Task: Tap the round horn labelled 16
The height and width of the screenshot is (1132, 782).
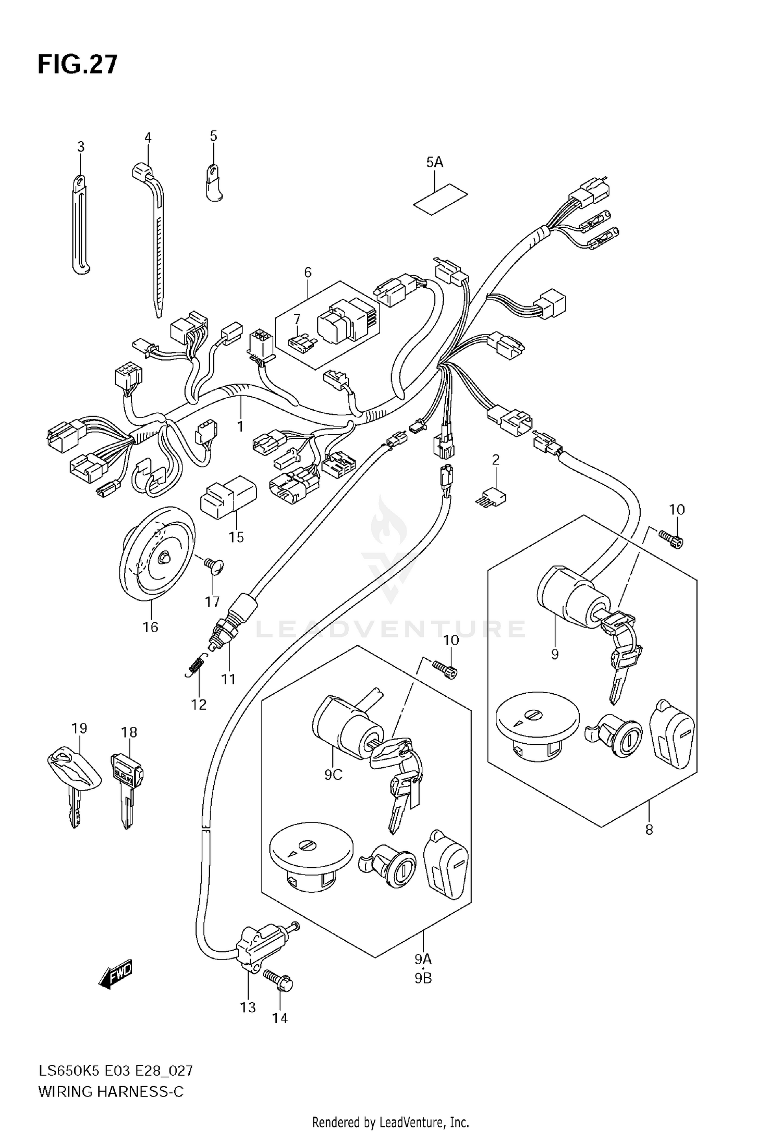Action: click(x=156, y=554)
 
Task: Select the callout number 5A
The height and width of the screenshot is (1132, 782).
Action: click(x=434, y=163)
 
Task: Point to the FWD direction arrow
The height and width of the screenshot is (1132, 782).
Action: click(x=116, y=975)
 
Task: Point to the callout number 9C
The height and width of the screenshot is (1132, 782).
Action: click(x=333, y=775)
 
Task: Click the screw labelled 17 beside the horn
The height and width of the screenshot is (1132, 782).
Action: click(x=214, y=565)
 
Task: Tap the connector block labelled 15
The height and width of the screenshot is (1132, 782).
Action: click(x=228, y=497)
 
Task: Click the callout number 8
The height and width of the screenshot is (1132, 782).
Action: click(x=649, y=829)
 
